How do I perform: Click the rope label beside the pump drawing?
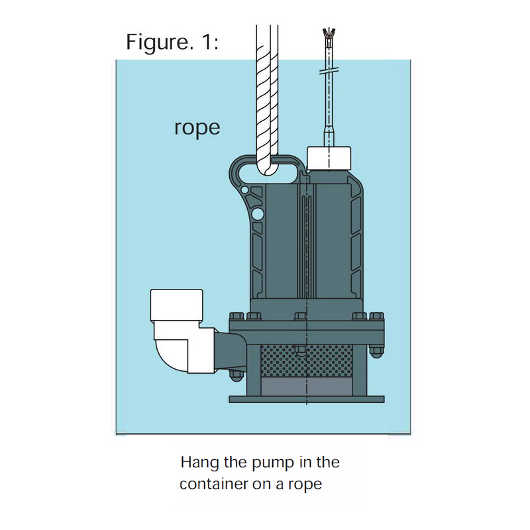tap(197, 127)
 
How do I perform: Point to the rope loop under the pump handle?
tap(268, 166)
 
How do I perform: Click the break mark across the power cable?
tap(329, 71)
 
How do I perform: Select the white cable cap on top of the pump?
tap(329, 156)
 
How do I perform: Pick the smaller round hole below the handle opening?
tap(246, 191)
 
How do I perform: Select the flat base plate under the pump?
tap(307, 399)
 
